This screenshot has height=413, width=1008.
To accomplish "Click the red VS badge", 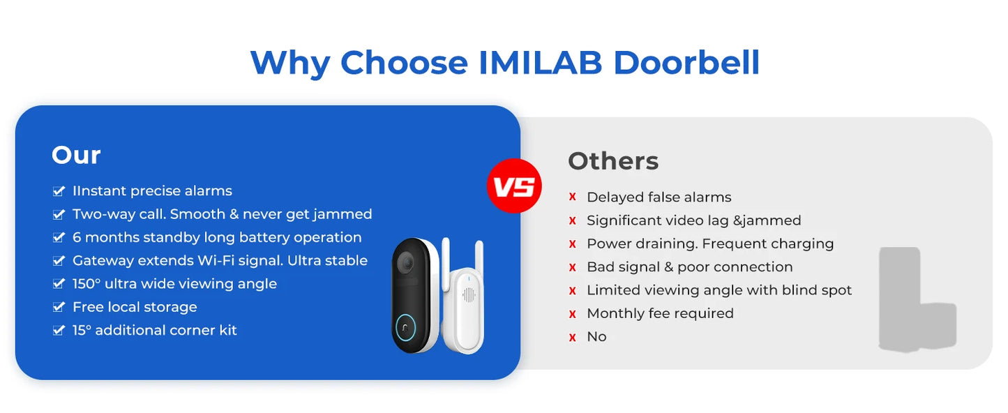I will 514,186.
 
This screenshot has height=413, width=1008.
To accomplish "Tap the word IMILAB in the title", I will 541,63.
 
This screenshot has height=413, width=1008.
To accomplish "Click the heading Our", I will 76,155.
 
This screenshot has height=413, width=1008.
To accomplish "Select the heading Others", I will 613,161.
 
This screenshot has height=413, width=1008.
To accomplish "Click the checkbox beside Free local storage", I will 59,307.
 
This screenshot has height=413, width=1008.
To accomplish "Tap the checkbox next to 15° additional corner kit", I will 59,330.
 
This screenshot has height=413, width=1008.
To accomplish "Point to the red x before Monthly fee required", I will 573,314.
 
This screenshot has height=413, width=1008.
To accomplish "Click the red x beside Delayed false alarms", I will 573,197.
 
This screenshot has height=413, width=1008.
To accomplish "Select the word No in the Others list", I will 596,336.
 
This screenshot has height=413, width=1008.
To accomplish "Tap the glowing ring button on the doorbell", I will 406,328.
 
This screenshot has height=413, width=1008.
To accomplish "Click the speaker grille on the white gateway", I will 468,295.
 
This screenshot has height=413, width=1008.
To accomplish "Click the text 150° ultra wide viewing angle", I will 174,284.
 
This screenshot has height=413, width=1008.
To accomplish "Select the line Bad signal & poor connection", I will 689,267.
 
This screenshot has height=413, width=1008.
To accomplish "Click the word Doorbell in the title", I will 686,63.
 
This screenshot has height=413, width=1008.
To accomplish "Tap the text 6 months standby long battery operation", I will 217,237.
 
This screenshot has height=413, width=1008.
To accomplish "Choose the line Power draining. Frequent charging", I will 710,243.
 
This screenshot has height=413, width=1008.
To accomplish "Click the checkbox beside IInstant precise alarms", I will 59,191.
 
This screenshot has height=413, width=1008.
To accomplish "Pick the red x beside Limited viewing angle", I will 573,290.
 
